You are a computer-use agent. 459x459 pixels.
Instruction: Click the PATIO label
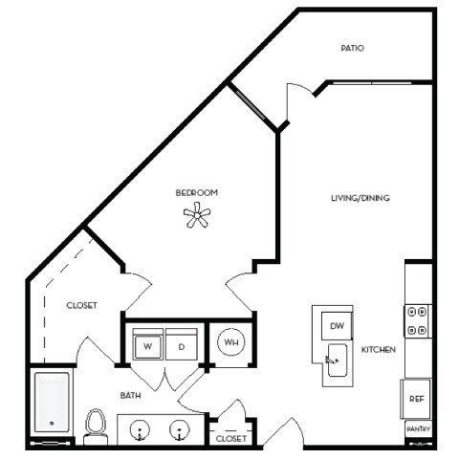(x=353, y=47)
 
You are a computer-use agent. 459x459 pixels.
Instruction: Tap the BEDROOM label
(x=196, y=193)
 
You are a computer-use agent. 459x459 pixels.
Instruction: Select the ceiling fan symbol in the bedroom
(x=197, y=218)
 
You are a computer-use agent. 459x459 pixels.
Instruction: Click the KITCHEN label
(x=379, y=350)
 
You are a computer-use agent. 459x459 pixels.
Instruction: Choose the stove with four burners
(x=418, y=320)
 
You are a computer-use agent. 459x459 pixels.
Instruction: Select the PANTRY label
(x=418, y=431)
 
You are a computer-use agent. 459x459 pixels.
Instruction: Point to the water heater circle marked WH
(x=230, y=341)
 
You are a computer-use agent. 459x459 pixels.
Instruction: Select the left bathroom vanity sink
(x=140, y=429)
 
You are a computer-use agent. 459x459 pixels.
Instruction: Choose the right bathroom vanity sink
(x=180, y=429)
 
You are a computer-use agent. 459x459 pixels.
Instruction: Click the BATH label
(x=132, y=394)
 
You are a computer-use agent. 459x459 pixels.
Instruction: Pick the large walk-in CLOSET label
(x=81, y=306)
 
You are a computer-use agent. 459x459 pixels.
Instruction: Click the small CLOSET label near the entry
(x=231, y=439)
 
